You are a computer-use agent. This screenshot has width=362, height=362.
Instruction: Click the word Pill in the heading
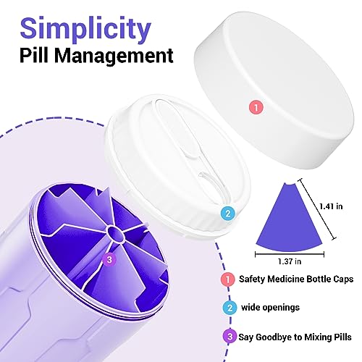click(35, 55)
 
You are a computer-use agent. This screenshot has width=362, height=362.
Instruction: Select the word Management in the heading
click(114, 56)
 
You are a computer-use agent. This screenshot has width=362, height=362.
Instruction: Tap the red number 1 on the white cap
click(256, 107)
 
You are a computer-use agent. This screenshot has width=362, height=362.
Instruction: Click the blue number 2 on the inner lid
click(227, 214)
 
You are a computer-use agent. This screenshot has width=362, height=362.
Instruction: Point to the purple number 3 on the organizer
click(109, 260)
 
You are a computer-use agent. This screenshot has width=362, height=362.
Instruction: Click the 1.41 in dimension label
click(331, 206)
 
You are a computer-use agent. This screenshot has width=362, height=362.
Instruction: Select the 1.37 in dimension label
click(290, 261)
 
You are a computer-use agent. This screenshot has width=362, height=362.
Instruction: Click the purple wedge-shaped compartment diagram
click(290, 217)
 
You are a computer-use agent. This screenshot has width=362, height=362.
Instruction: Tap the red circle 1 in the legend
click(227, 279)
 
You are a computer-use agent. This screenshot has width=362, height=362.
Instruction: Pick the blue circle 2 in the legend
click(230, 308)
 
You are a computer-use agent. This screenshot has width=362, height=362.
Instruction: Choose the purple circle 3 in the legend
click(230, 336)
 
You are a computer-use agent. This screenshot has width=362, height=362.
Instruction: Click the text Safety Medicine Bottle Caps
click(296, 279)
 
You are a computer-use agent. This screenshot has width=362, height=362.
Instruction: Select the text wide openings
click(270, 308)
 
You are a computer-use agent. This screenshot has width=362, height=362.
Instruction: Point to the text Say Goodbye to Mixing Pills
click(295, 337)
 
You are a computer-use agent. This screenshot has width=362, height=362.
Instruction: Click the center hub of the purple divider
click(115, 233)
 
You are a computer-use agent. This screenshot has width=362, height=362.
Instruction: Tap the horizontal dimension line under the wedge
click(290, 254)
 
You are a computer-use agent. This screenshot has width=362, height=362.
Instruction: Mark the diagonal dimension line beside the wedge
click(317, 209)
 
